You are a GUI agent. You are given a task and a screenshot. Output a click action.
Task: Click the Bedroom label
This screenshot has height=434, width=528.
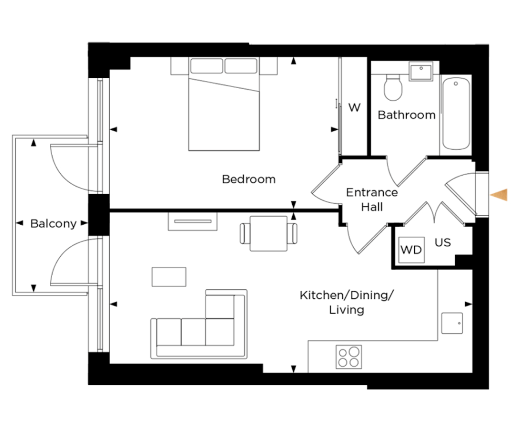pos(249,179)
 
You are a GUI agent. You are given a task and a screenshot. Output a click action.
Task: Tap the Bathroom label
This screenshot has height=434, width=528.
pos(407,115)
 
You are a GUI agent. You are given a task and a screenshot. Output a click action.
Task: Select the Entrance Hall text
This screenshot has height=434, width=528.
pos(372,199)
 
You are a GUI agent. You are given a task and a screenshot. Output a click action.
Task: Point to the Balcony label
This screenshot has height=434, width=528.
pos(53,224)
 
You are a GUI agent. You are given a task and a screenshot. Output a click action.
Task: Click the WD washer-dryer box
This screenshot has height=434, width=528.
pos(411,250)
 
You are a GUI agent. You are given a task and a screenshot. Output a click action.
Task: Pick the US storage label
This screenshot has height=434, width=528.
pos(443,242)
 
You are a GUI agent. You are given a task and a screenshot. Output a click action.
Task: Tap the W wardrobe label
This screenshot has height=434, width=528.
pos(354,107)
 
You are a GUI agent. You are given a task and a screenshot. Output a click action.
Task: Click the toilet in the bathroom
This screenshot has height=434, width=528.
pos(393,88)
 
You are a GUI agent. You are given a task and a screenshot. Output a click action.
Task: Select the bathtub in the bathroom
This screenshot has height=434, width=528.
pos(456,113)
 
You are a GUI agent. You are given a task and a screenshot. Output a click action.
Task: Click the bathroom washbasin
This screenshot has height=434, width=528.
pos(421,71)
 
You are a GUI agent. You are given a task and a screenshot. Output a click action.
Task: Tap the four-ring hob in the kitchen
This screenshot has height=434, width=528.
pos(349,357)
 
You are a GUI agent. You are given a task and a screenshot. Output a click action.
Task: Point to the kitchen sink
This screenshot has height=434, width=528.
pos(452,323)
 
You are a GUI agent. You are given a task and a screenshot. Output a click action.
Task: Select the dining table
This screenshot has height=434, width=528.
pos(269,233)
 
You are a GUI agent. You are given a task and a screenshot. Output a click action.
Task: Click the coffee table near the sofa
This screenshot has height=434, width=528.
pos(169,277)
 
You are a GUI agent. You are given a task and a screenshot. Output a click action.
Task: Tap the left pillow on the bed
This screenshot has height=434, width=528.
pos(206,66)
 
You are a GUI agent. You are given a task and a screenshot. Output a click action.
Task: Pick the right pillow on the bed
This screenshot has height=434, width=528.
pos(241,66)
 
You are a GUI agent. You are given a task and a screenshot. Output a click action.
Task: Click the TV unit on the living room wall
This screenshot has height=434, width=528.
pos(193,221)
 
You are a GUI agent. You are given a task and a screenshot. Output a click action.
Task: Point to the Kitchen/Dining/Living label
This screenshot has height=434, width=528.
pos(346,302)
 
